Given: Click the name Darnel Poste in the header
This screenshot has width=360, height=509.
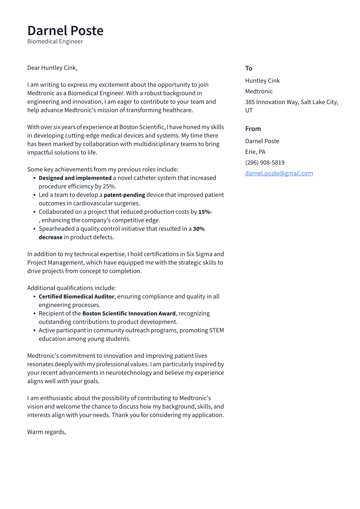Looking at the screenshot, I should point(65,31).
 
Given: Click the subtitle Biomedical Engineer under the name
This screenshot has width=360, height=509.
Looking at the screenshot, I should point(55,41).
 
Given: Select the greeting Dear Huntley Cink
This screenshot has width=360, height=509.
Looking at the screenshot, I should point(52,68).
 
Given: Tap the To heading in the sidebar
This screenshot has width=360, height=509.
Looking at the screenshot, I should point(248,68).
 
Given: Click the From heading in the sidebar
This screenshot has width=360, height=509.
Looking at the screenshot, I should point(253,129).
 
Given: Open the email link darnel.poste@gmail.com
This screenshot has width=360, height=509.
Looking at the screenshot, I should point(279,173).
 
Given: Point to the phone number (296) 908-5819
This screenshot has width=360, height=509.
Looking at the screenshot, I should point(264,162).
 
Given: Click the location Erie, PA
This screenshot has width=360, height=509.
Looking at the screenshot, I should point(255,152).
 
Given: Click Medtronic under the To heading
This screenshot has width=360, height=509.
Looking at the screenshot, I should point(258,91).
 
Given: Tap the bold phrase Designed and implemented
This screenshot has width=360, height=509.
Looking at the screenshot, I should point(75,178).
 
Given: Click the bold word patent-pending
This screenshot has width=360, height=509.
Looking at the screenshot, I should point(124,195).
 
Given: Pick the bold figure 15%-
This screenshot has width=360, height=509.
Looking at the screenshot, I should point(205,212).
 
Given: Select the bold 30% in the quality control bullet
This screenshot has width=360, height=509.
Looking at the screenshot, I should point(199,229).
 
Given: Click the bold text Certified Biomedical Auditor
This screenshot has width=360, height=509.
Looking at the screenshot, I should point(76,296).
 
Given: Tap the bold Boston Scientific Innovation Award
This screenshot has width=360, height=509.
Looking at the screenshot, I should point(129,313).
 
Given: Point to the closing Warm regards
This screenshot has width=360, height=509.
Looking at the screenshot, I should point(46,432).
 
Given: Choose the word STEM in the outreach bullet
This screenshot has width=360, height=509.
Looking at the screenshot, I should point(216,331).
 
